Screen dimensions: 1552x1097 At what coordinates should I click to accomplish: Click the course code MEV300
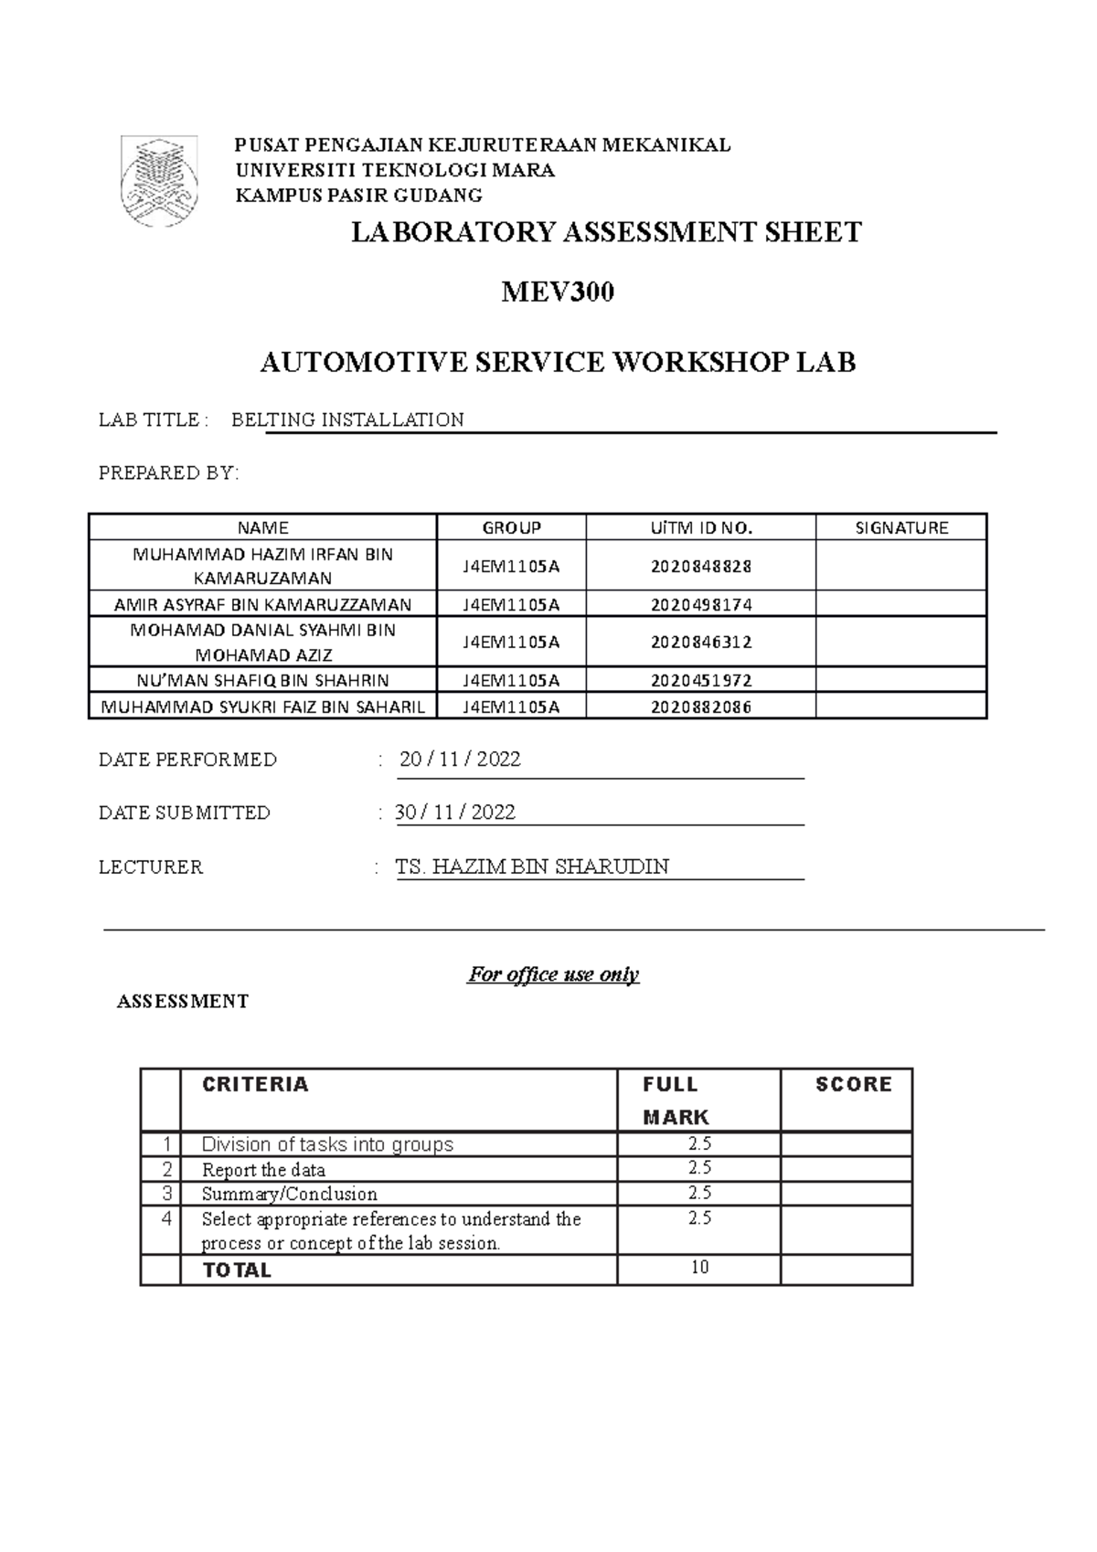pyautogui.click(x=557, y=292)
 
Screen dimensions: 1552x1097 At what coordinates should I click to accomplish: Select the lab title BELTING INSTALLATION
pyautogui.click(x=347, y=420)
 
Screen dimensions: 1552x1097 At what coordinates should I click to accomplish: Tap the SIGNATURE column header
pyautogui.click(x=900, y=527)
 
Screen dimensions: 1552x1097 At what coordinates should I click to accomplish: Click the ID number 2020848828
pyautogui.click(x=700, y=566)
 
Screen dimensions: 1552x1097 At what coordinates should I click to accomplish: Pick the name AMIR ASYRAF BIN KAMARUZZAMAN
pyautogui.click(x=262, y=604)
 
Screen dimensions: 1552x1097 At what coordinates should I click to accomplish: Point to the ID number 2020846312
pyautogui.click(x=700, y=642)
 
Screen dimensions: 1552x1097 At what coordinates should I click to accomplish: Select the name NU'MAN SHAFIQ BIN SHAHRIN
pyautogui.click(x=262, y=680)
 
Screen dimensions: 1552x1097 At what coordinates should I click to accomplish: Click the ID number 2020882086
pyautogui.click(x=700, y=707)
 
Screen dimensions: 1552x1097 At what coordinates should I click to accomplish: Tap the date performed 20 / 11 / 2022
pyautogui.click(x=460, y=760)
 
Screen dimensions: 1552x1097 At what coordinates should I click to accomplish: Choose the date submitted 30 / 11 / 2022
pyautogui.click(x=455, y=813)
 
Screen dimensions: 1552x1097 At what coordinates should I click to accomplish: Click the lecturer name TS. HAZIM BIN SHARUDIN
pyautogui.click(x=532, y=866)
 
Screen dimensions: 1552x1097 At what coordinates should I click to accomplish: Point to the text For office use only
pyautogui.click(x=553, y=974)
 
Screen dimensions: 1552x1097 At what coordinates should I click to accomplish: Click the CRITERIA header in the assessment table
pyautogui.click(x=255, y=1085)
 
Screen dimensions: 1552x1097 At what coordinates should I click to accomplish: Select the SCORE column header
pyautogui.click(x=853, y=1085)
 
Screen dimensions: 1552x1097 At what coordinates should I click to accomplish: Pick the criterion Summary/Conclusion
pyautogui.click(x=289, y=1194)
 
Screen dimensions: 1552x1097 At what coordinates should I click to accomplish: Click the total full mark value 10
pyautogui.click(x=699, y=1268)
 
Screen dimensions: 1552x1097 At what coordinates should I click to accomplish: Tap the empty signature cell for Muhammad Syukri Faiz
pyautogui.click(x=900, y=707)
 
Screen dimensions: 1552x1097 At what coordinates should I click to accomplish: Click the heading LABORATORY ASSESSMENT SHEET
pyautogui.click(x=607, y=233)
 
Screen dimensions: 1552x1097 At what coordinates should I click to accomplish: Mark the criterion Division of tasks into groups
pyautogui.click(x=327, y=1144)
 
